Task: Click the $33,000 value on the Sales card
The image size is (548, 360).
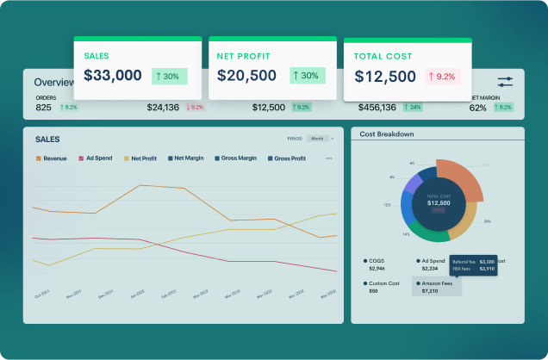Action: click(x=113, y=76)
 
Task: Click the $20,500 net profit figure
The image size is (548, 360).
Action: click(x=246, y=76)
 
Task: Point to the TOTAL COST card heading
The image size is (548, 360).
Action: click(x=383, y=56)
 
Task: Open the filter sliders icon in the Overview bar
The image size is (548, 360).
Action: click(x=505, y=82)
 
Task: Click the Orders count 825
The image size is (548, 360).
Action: click(x=43, y=108)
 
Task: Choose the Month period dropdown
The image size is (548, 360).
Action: click(x=320, y=138)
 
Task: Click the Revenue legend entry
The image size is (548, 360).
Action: click(x=52, y=158)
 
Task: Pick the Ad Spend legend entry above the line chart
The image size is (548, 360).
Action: click(x=97, y=158)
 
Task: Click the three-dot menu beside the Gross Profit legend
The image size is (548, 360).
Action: click(x=328, y=158)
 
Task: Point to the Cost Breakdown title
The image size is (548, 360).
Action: click(x=386, y=134)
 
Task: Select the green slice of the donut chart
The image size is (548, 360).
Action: click(x=427, y=232)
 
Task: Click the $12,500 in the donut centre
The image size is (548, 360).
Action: click(x=439, y=202)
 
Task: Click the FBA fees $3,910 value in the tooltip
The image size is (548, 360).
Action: click(x=486, y=270)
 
